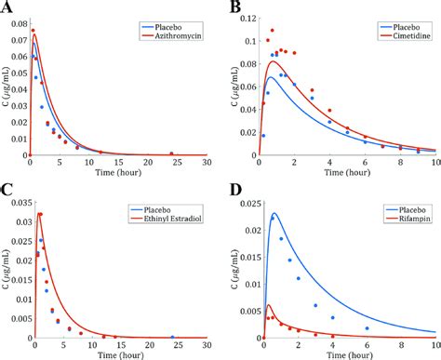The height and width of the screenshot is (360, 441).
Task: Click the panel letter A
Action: point(8,8)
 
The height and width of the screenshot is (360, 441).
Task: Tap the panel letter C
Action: point(8,191)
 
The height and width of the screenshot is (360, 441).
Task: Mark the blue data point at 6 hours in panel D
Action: point(367,328)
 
